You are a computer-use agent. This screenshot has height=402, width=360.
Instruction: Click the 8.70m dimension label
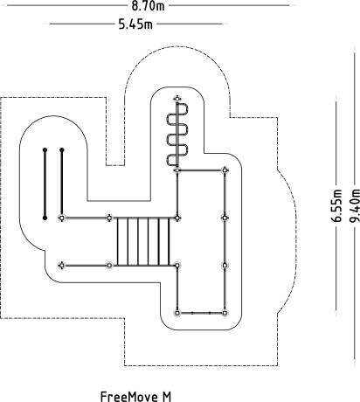(x=148, y=6)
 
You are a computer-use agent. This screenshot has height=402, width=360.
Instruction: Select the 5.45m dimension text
(x=135, y=24)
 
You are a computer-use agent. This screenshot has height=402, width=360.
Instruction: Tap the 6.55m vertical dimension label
(x=336, y=205)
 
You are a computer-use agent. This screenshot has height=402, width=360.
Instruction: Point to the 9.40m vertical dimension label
(x=354, y=205)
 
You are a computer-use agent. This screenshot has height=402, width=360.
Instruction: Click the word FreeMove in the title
(x=128, y=397)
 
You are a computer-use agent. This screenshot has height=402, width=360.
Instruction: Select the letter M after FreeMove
(x=167, y=397)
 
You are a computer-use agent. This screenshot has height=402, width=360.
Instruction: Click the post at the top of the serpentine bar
(x=177, y=99)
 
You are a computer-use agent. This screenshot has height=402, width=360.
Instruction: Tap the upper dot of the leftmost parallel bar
(x=45, y=150)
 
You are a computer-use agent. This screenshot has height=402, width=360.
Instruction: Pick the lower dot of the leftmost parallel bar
(x=45, y=218)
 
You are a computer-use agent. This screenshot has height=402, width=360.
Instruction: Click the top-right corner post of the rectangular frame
(x=225, y=170)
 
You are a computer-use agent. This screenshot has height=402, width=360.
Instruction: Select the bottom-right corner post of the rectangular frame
(x=225, y=313)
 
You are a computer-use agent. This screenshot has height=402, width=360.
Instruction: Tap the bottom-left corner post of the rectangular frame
(x=177, y=313)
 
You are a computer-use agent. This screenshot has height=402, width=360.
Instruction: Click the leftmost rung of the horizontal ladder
(x=117, y=241)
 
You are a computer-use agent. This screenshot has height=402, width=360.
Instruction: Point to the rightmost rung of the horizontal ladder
(x=169, y=241)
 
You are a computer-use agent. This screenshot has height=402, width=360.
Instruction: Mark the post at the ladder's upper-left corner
(x=109, y=218)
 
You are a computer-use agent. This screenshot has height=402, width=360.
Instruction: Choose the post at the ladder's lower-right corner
(x=177, y=266)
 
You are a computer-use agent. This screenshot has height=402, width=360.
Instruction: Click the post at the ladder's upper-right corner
(x=177, y=218)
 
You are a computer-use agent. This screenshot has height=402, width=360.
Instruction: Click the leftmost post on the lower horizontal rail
(x=61, y=266)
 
